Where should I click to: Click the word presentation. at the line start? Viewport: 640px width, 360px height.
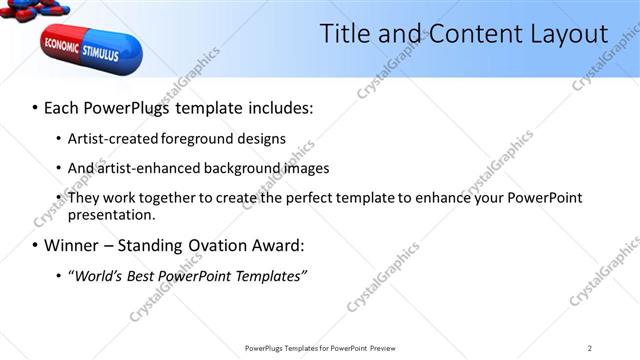[111, 215]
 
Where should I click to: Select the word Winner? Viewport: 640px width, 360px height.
[76, 245]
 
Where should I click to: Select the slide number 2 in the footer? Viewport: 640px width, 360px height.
[590, 348]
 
